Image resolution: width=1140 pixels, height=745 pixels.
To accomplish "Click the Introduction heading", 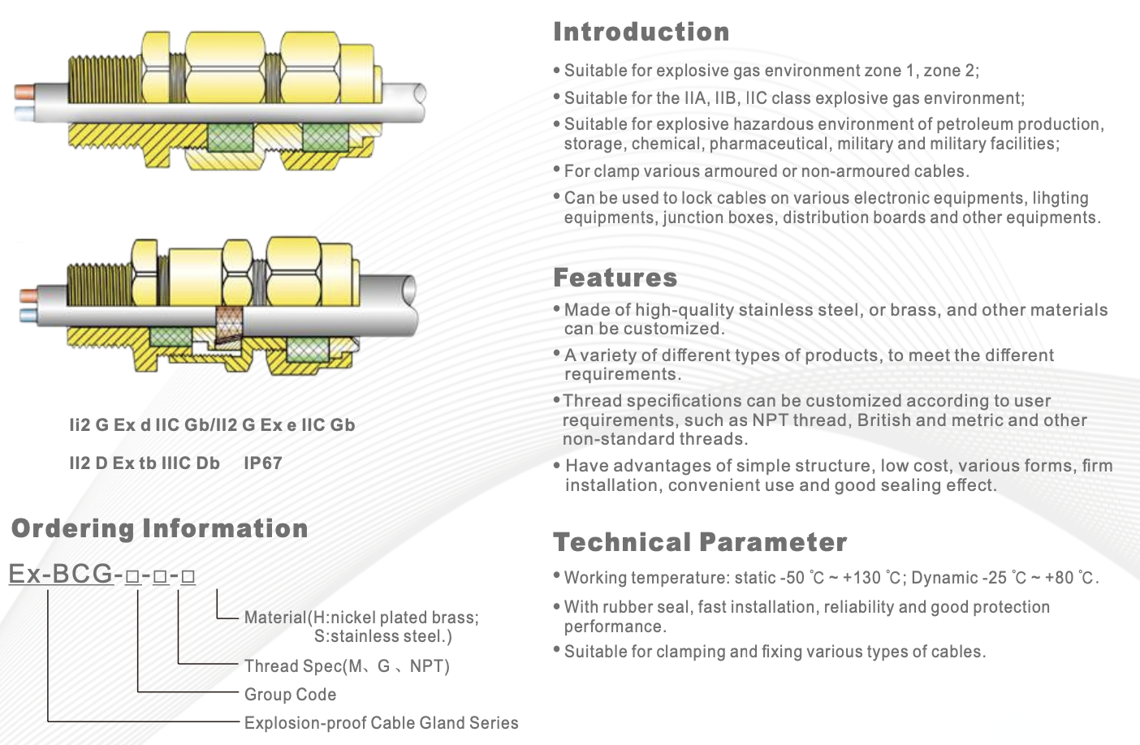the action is [x=641, y=32].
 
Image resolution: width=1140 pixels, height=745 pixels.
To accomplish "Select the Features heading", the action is [x=615, y=278].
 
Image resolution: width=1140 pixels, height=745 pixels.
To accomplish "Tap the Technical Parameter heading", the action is [x=700, y=541].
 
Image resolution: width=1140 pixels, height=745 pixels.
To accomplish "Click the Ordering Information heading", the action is [x=160, y=528].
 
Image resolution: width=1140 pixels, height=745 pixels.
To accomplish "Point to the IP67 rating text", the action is [x=262, y=463].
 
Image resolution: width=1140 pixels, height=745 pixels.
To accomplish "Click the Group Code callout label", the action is [x=290, y=694].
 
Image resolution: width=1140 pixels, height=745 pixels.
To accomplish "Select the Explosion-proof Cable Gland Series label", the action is [x=381, y=722].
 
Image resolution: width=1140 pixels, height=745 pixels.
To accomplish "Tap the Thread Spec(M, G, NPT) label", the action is [x=347, y=665].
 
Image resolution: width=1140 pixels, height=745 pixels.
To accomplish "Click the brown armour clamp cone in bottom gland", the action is [x=228, y=326].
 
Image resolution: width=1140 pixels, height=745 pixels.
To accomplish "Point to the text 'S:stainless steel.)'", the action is [x=382, y=636].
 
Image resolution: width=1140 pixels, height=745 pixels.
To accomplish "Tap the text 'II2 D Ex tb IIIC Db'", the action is [x=145, y=463].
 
